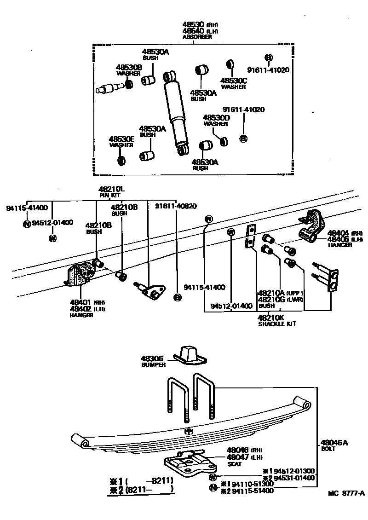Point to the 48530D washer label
click(216, 118)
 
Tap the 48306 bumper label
click(153, 358)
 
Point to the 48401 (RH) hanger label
click(81, 302)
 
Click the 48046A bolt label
click(334, 443)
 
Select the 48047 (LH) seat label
click(238, 457)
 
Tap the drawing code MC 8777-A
click(346, 493)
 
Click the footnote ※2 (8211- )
click(141, 490)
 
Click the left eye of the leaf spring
click(83, 443)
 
